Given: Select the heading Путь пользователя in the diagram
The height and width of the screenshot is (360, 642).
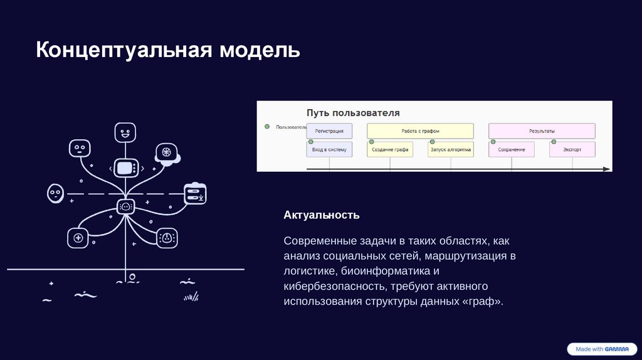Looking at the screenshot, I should click(353, 113).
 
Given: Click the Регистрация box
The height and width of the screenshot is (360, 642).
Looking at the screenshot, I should click(329, 130).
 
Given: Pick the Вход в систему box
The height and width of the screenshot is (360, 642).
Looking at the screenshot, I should click(329, 150).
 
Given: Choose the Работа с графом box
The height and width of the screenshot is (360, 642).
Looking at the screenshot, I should click(420, 130).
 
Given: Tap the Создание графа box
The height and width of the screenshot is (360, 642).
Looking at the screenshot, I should click(390, 150).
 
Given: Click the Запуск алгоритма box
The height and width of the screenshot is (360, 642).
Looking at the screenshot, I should click(451, 150).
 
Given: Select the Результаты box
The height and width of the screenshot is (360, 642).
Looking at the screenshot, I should click(542, 130).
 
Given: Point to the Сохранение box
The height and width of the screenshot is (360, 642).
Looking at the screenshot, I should click(512, 150).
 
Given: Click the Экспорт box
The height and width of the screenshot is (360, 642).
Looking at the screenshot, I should click(572, 150).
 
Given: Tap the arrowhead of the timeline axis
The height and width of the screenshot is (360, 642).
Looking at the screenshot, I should click(606, 169).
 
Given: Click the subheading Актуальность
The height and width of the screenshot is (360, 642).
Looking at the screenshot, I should click(322, 215).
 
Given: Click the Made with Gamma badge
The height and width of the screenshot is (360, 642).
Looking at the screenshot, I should click(601, 349).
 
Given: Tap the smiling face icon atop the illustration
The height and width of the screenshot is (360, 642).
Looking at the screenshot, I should click(125, 132).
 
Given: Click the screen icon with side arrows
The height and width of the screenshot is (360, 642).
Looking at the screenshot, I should click(125, 168).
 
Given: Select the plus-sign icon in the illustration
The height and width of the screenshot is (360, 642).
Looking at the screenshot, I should click(78, 238).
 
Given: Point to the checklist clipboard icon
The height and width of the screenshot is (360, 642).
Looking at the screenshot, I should click(195, 193).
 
